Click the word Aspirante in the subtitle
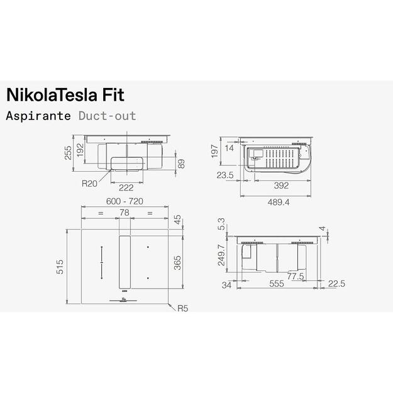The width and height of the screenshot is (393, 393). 40,116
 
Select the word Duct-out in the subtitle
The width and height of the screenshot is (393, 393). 107,116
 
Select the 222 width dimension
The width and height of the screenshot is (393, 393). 126,187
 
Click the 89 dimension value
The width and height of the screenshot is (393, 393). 182,164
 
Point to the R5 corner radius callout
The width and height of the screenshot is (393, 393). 182,309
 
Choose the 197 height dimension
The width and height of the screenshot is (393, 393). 214,152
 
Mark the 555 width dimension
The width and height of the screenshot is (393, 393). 277,284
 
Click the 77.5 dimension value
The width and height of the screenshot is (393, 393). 296,276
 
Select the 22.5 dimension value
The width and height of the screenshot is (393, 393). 336,284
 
